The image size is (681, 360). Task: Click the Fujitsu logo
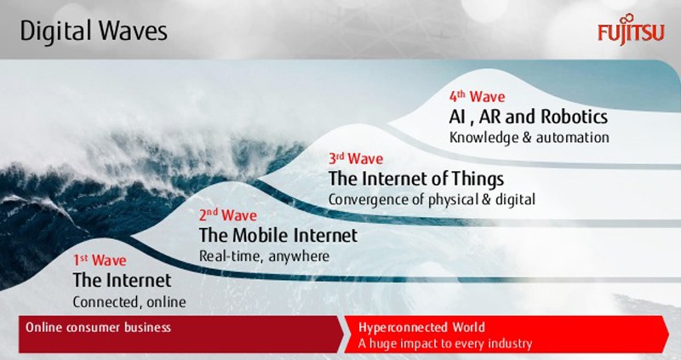(631, 30)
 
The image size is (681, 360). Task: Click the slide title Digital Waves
(94, 31)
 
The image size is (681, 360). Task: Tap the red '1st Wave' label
(100, 260)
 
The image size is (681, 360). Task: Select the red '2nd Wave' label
(227, 214)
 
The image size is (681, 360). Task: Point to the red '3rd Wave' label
(356, 158)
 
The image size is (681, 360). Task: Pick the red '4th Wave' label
(477, 96)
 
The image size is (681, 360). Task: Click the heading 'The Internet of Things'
(416, 179)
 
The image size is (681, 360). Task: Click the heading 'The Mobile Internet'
(278, 236)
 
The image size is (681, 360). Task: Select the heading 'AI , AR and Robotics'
(528, 117)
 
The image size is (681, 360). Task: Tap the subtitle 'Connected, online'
(129, 302)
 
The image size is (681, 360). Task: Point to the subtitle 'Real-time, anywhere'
(264, 256)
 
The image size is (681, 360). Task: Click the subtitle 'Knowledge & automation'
(529, 138)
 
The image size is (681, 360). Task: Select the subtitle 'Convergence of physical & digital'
(432, 199)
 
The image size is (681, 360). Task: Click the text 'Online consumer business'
(98, 327)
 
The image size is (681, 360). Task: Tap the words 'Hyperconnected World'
(421, 327)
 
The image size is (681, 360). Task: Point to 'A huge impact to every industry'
(445, 344)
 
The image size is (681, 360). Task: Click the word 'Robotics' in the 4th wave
(574, 117)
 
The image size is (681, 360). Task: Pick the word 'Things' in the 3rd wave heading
(478, 180)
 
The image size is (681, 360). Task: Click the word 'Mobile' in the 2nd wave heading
(261, 236)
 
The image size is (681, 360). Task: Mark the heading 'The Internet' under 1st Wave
(122, 280)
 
